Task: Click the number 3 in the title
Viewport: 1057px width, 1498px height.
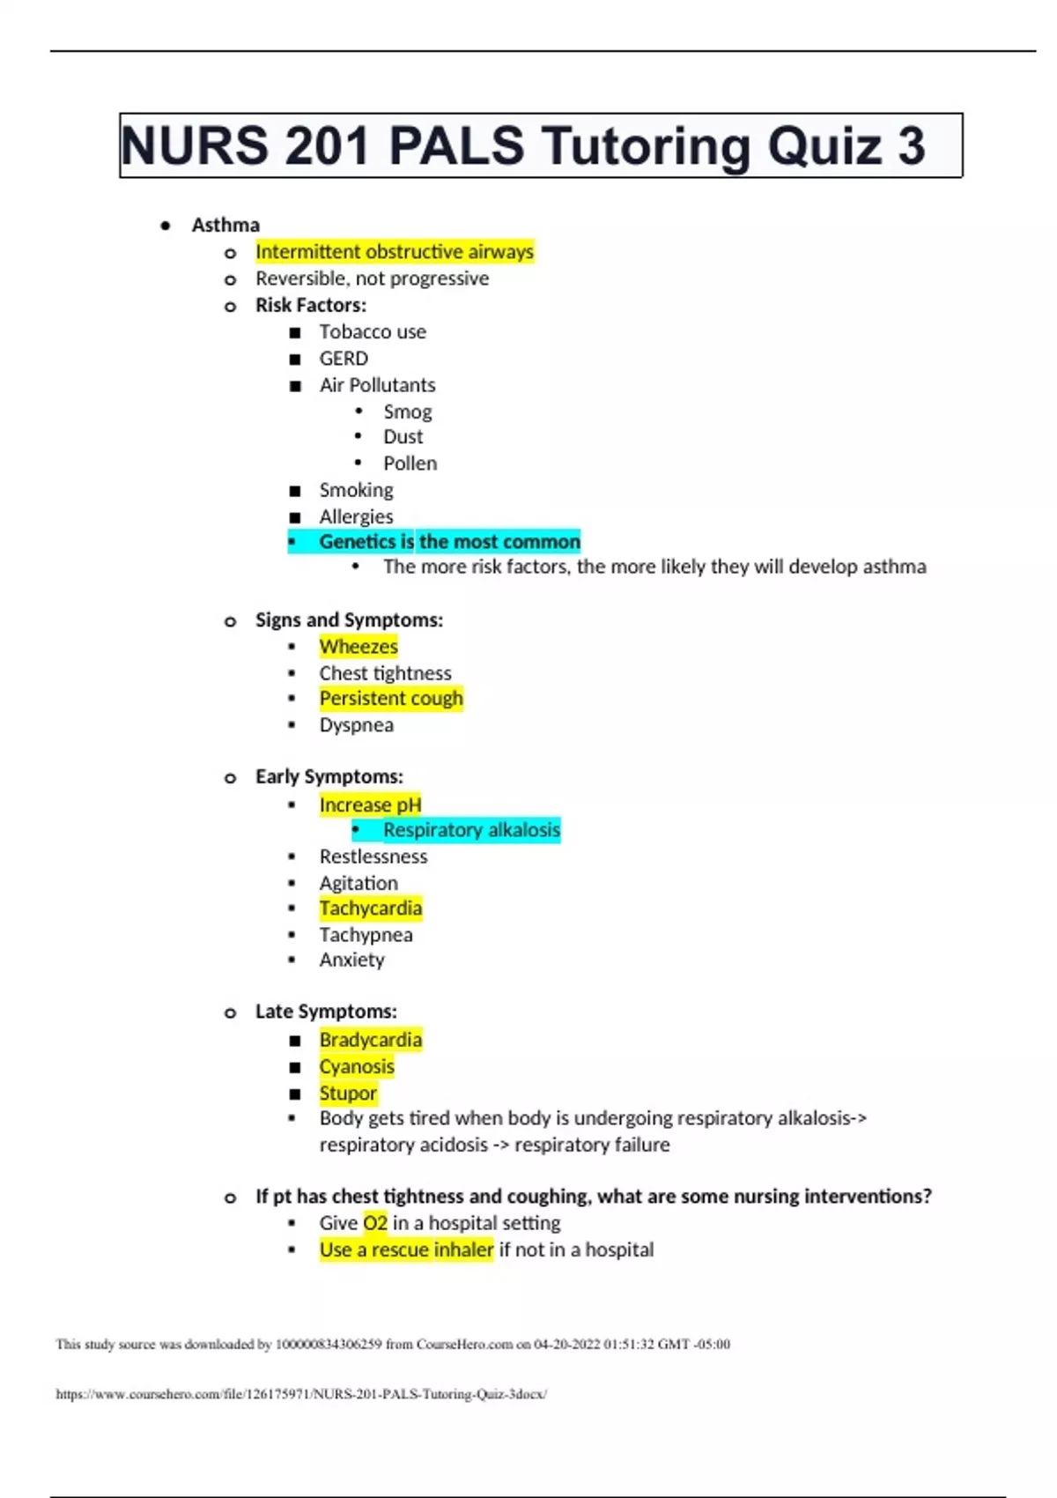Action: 911,146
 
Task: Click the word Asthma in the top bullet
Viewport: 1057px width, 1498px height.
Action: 225,226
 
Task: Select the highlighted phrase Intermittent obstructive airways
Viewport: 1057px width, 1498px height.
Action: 394,252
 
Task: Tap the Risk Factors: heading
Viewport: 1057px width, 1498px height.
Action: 310,306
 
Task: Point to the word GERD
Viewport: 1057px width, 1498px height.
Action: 344,359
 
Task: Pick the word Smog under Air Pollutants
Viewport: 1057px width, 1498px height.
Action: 407,412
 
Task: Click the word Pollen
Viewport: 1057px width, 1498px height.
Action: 410,463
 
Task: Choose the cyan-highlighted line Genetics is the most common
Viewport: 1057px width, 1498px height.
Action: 448,542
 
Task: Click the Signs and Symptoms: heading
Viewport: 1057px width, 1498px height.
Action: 349,620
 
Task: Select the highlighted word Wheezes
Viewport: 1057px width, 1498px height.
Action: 358,647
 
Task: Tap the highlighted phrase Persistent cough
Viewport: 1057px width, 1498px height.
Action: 391,699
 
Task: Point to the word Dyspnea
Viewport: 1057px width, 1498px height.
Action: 356,725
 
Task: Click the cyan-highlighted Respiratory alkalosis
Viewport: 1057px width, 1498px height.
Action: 471,830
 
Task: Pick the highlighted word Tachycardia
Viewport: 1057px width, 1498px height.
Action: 370,908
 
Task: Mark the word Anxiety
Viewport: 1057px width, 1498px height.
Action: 351,960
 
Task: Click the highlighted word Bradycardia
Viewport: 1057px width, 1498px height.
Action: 370,1040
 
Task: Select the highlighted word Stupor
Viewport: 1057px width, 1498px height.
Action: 348,1094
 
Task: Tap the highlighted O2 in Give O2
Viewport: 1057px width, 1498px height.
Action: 375,1223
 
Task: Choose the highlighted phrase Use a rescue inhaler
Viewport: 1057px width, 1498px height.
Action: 406,1250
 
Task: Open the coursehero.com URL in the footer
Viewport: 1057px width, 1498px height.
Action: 301,1394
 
